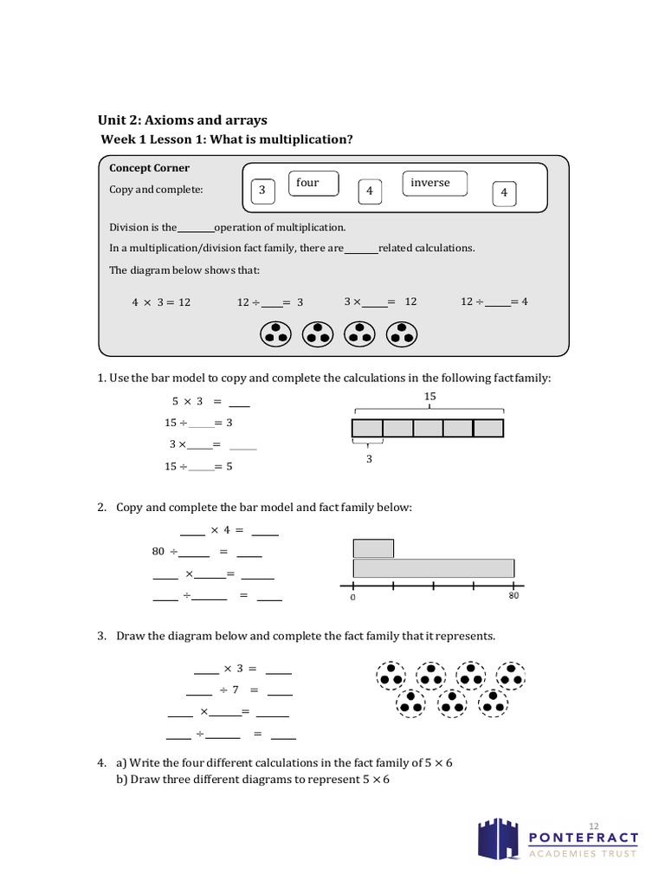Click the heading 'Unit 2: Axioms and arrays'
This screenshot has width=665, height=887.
click(182, 120)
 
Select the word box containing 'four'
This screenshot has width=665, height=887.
click(313, 184)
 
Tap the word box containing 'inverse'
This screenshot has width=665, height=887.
click(435, 184)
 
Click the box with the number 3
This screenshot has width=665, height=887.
click(261, 191)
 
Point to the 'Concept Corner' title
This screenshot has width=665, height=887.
click(149, 168)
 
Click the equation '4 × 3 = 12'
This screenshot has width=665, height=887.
click(160, 302)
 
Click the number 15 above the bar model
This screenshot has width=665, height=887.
click(430, 396)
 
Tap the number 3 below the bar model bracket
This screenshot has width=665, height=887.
click(368, 459)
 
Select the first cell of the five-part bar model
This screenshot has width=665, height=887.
click(367, 428)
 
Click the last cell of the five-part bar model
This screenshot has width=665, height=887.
click(488, 428)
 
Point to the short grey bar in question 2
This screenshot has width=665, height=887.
click(373, 548)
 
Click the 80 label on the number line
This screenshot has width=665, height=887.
click(513, 596)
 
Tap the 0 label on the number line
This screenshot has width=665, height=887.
click(353, 598)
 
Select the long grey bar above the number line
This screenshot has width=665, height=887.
click(433, 567)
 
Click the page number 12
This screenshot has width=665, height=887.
click(593, 824)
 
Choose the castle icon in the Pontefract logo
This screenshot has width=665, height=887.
click(499, 840)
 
